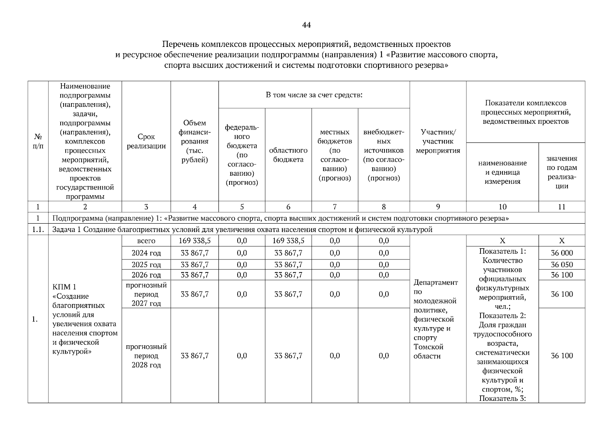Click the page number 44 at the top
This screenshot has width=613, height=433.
coord(306,25)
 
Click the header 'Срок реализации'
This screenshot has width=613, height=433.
coord(146,141)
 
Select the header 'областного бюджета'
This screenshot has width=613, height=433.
coord(288,155)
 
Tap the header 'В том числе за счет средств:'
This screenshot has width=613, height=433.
coord(314,95)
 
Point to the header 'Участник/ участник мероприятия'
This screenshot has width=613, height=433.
coord(438,141)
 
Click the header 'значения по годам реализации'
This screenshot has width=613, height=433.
coord(562,172)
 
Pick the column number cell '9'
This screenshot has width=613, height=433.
coord(438,207)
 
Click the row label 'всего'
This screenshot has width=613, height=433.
coord(146,241)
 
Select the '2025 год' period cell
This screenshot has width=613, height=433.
coord(146,264)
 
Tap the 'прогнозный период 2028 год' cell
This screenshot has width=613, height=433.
coord(146,355)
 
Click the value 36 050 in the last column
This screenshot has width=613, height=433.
coord(562,264)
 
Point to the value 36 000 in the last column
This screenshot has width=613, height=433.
coord(562,253)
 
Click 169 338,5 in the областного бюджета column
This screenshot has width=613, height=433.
coord(288,241)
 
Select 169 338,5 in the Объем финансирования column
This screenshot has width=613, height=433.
coord(195,241)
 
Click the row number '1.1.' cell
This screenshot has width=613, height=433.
coord(38,229)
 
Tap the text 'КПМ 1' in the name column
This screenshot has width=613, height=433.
coord(64,287)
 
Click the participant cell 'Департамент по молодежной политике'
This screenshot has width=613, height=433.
coord(435,292)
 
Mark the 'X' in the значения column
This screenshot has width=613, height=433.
coord(562,241)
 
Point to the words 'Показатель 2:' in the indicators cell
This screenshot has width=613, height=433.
coord(502,316)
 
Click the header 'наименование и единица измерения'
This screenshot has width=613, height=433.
coord(502,172)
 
